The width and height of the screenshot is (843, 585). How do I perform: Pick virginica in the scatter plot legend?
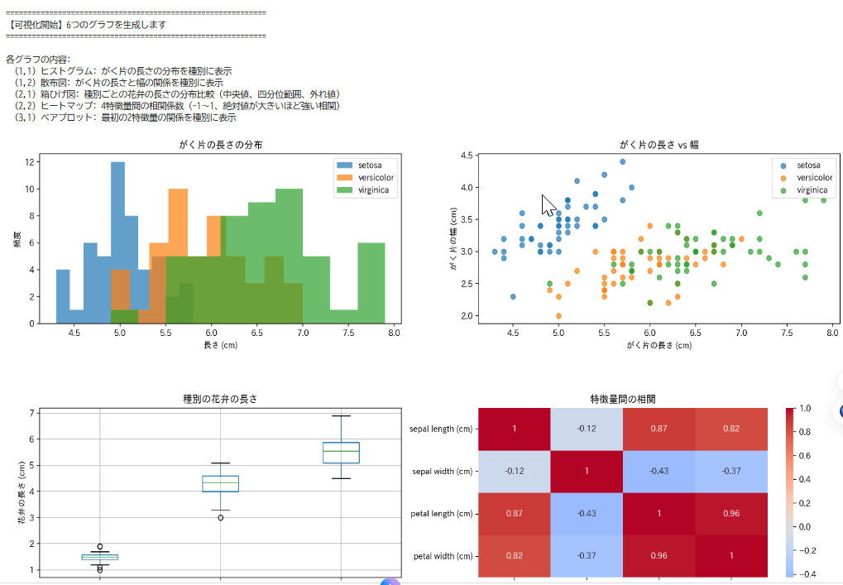(x=811, y=190)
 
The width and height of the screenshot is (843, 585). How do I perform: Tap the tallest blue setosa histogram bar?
(x=117, y=240)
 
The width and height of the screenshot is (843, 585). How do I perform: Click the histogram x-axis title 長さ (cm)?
(x=220, y=345)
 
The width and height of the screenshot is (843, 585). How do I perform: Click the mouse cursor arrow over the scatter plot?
(x=547, y=204)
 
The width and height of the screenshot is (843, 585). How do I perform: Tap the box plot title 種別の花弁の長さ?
(x=220, y=399)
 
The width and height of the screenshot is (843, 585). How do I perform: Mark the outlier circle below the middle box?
(x=220, y=517)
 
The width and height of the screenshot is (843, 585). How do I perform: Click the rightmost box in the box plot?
(x=341, y=453)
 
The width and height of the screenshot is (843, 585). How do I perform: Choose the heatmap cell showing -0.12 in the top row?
(x=587, y=429)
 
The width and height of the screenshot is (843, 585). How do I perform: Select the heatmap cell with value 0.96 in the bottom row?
(x=659, y=556)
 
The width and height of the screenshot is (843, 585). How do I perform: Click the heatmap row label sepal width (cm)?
(x=443, y=472)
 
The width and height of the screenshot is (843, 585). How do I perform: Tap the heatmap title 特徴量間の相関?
(x=623, y=399)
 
